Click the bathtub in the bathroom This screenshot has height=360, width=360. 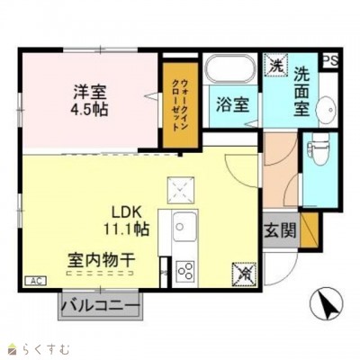230,68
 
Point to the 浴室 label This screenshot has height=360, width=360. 231,104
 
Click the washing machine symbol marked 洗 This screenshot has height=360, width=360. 275,65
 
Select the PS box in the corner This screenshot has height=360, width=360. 330,60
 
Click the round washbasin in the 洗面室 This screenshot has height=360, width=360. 327,106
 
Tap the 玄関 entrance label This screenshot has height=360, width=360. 280,229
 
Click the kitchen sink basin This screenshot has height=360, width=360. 184,223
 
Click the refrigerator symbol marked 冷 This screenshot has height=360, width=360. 242,270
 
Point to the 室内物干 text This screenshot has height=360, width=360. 100,259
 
